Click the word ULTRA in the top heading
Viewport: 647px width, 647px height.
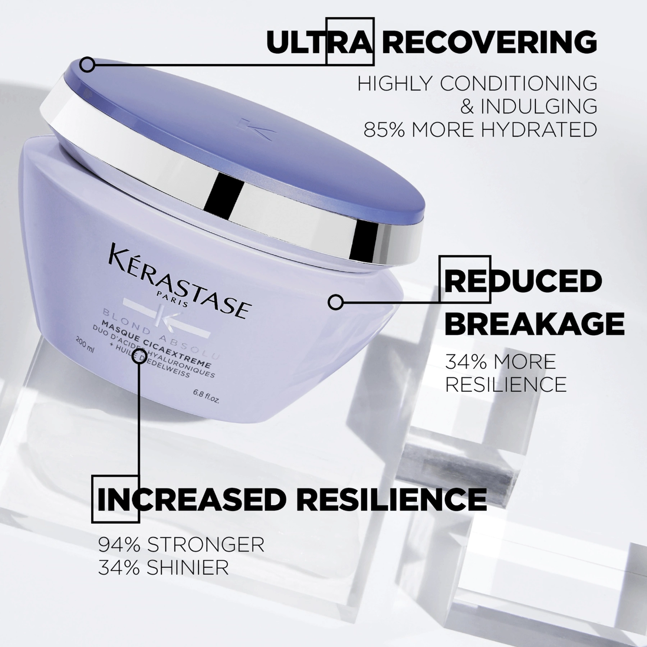pos(318,42)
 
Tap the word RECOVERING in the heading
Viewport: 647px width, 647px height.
pos(489,42)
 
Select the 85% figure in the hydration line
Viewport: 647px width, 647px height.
pos(384,129)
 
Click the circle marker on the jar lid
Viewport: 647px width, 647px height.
pos(87,65)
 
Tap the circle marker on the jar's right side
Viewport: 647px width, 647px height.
pos(336,302)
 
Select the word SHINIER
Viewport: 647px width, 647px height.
pos(187,568)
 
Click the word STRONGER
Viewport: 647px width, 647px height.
pos(205,545)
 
